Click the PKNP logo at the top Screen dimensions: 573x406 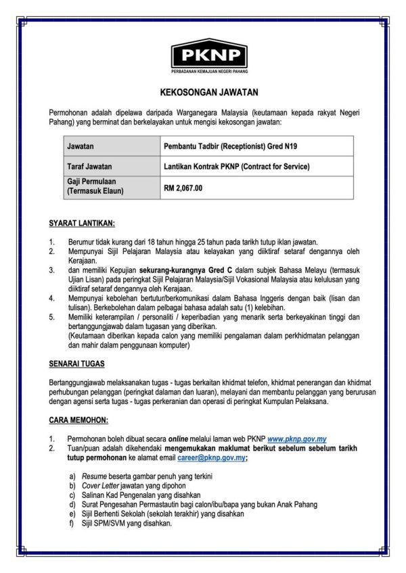click(x=209, y=52)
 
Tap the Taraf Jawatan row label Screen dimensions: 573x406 click(x=89, y=166)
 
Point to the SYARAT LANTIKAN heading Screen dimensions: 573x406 click(x=82, y=223)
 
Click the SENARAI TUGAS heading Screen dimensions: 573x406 click(x=76, y=364)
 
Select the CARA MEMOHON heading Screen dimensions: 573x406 click(x=78, y=420)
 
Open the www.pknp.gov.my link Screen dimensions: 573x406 click(x=298, y=439)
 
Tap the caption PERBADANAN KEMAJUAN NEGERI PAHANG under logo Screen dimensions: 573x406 click(x=209, y=72)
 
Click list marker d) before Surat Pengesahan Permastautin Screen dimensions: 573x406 click(x=72, y=504)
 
